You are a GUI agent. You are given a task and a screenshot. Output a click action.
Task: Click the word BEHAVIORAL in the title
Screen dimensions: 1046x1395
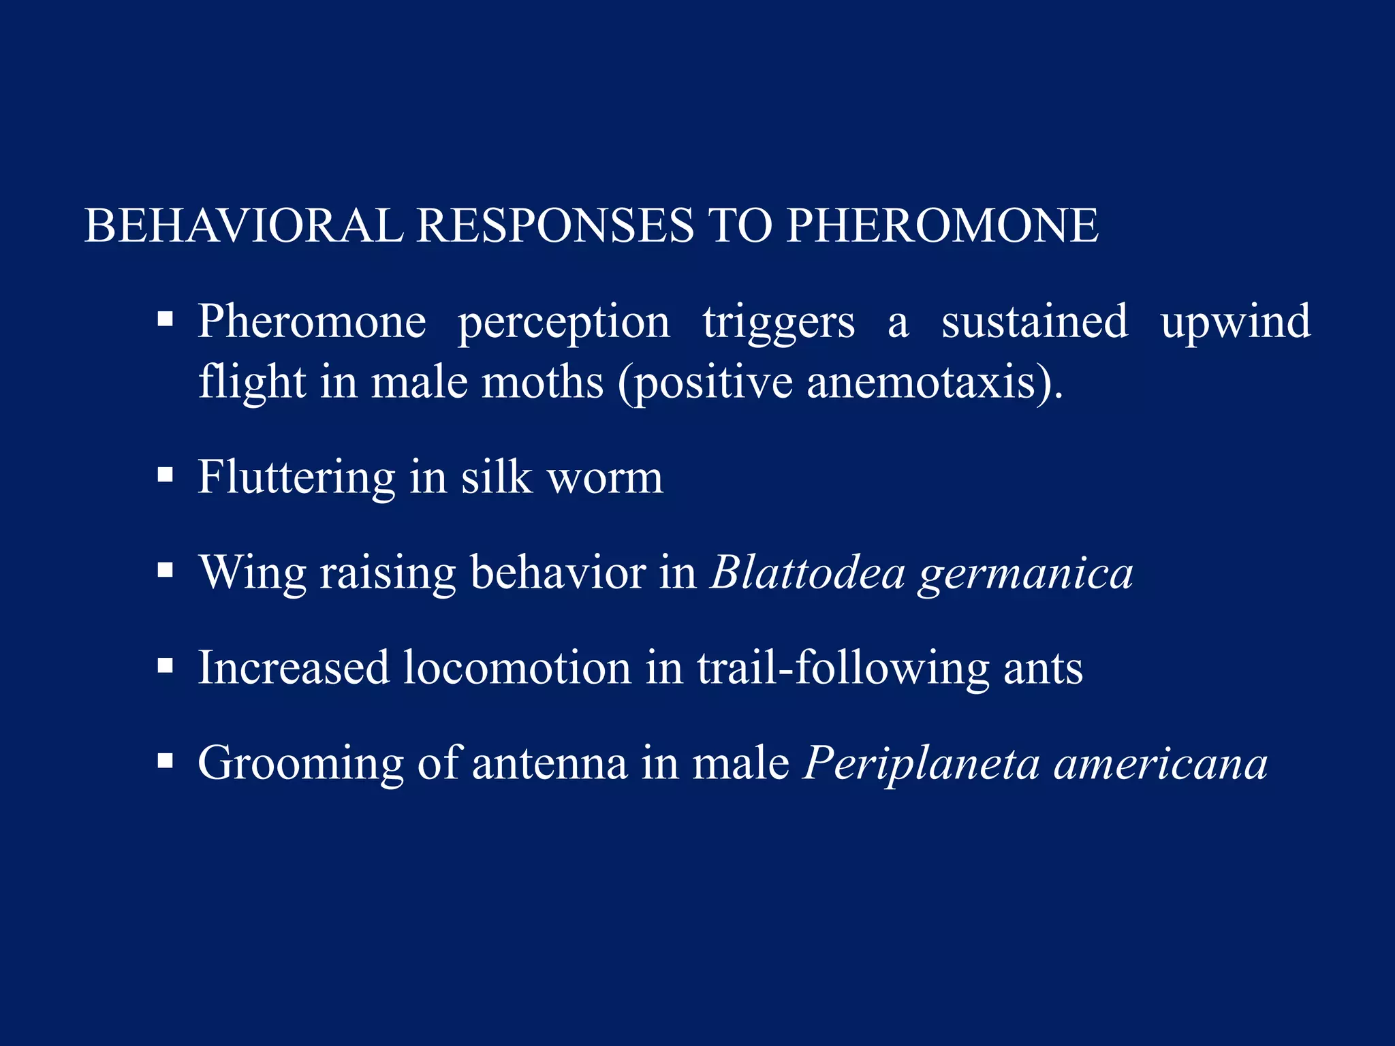(x=243, y=225)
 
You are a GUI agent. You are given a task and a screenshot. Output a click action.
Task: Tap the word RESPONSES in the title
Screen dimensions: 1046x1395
(x=554, y=225)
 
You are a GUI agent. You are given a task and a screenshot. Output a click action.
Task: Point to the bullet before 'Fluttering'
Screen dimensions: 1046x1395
(x=165, y=475)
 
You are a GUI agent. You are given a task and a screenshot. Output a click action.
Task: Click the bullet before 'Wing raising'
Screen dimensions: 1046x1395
(x=165, y=570)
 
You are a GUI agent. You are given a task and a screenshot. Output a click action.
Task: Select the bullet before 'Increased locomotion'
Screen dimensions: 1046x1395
(x=165, y=665)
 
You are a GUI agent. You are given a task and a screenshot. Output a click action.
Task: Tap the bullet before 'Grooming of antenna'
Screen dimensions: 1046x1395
(x=165, y=761)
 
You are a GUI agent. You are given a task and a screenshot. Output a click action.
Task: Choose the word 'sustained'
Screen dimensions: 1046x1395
(x=1034, y=321)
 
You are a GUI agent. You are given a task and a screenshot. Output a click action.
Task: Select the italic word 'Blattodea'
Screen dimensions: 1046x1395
(x=807, y=572)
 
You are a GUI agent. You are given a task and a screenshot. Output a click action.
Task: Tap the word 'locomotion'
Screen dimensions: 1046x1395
(x=517, y=667)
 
